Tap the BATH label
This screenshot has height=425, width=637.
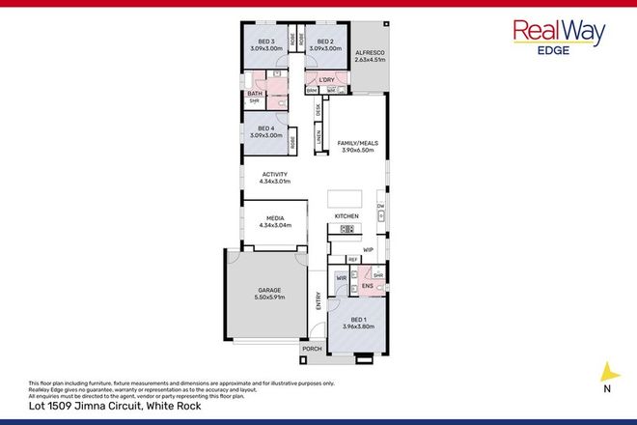pos(254,93)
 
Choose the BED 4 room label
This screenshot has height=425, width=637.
pos(266,131)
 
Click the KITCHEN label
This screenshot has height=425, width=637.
pos(346,214)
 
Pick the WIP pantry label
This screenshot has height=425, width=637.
pos(368,249)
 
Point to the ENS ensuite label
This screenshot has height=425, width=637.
pos(367,287)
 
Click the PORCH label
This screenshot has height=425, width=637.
pos(311,349)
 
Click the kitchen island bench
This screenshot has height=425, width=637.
pos(343,192)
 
